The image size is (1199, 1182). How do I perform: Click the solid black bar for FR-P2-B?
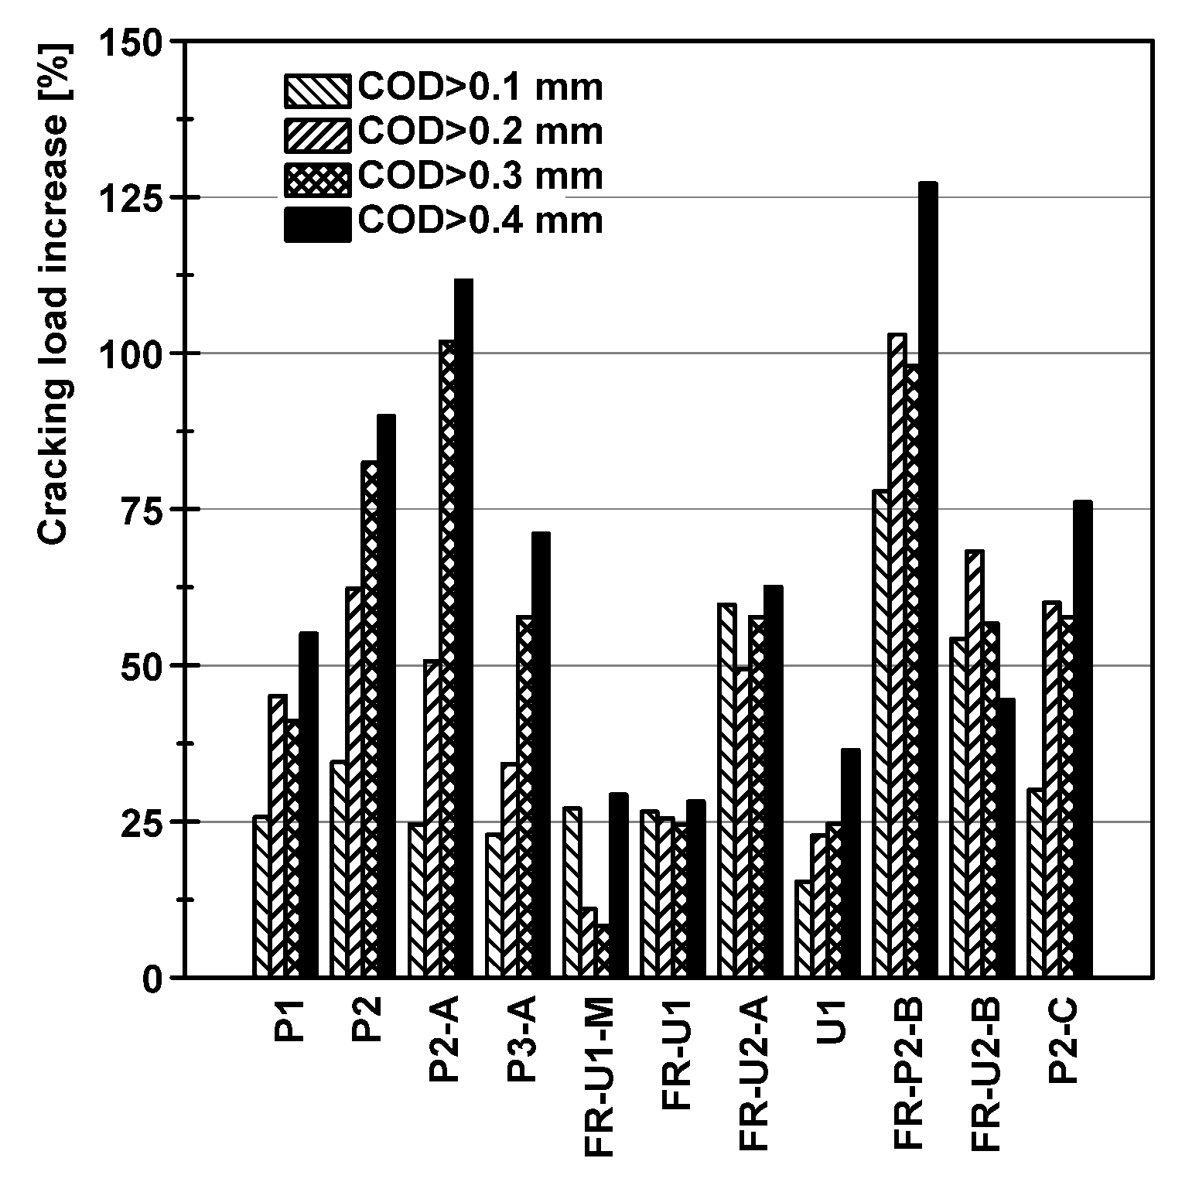pos(927,580)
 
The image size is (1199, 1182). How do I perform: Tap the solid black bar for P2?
pos(386,696)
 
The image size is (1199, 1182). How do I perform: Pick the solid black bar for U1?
pos(850,863)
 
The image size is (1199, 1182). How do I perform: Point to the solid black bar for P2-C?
pos(1082,739)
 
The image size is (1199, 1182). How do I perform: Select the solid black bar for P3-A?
pos(541,755)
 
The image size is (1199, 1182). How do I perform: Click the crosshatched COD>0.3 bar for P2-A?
pos(447,658)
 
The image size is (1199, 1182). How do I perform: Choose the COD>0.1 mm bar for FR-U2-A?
pos(726,790)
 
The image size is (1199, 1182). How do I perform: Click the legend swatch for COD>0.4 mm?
pos(317,224)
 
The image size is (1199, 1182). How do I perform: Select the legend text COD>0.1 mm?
pos(480,88)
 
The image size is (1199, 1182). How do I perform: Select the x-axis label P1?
pos(290,1021)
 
